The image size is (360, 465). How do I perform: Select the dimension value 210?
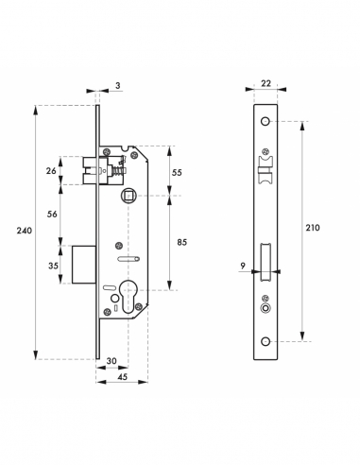coord(313,228)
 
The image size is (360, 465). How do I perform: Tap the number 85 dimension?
coord(180,242)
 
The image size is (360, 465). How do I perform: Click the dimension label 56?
coord(53,215)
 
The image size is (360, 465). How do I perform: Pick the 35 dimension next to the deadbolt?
coord(53,266)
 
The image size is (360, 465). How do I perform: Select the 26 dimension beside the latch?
coord(53,171)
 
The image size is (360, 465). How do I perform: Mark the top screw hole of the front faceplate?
coord(266,123)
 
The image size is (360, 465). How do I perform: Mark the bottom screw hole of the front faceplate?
coord(266,341)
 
